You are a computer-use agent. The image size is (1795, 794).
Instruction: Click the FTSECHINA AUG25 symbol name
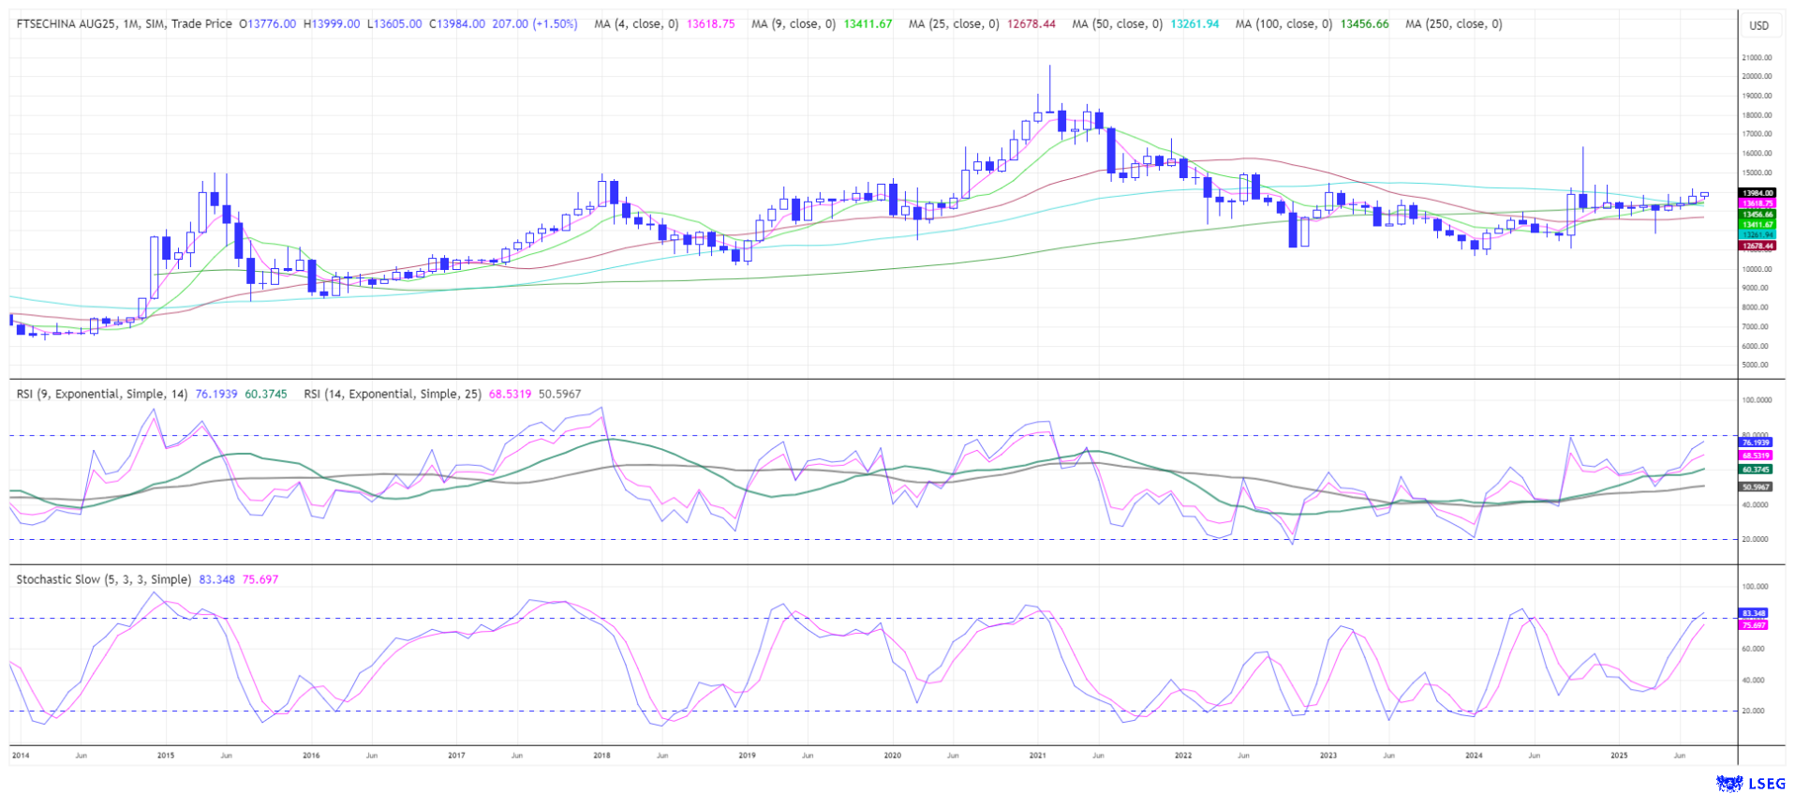[59, 23]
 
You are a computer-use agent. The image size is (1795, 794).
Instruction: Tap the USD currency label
[1758, 25]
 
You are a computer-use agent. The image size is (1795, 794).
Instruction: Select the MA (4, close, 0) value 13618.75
[711, 23]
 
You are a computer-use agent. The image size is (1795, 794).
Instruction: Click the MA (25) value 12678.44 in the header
[1031, 23]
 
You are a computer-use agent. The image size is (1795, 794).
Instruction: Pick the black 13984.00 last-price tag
[1757, 193]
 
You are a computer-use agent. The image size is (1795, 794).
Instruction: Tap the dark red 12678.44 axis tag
[1757, 246]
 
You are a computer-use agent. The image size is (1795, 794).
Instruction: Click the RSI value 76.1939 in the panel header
[215, 394]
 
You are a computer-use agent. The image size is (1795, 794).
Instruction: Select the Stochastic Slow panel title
[103, 579]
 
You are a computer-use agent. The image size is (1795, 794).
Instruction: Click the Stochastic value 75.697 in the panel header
[260, 579]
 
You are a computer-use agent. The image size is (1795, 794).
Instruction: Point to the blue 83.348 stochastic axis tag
[1754, 613]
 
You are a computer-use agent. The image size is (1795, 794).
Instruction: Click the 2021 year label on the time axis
[1037, 755]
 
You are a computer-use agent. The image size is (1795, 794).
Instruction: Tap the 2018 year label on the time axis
[601, 755]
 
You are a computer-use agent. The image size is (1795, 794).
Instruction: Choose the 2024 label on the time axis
[1473, 755]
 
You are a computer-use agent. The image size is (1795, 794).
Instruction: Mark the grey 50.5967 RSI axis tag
[1756, 487]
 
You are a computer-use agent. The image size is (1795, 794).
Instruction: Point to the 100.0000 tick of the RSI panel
[1756, 399]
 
